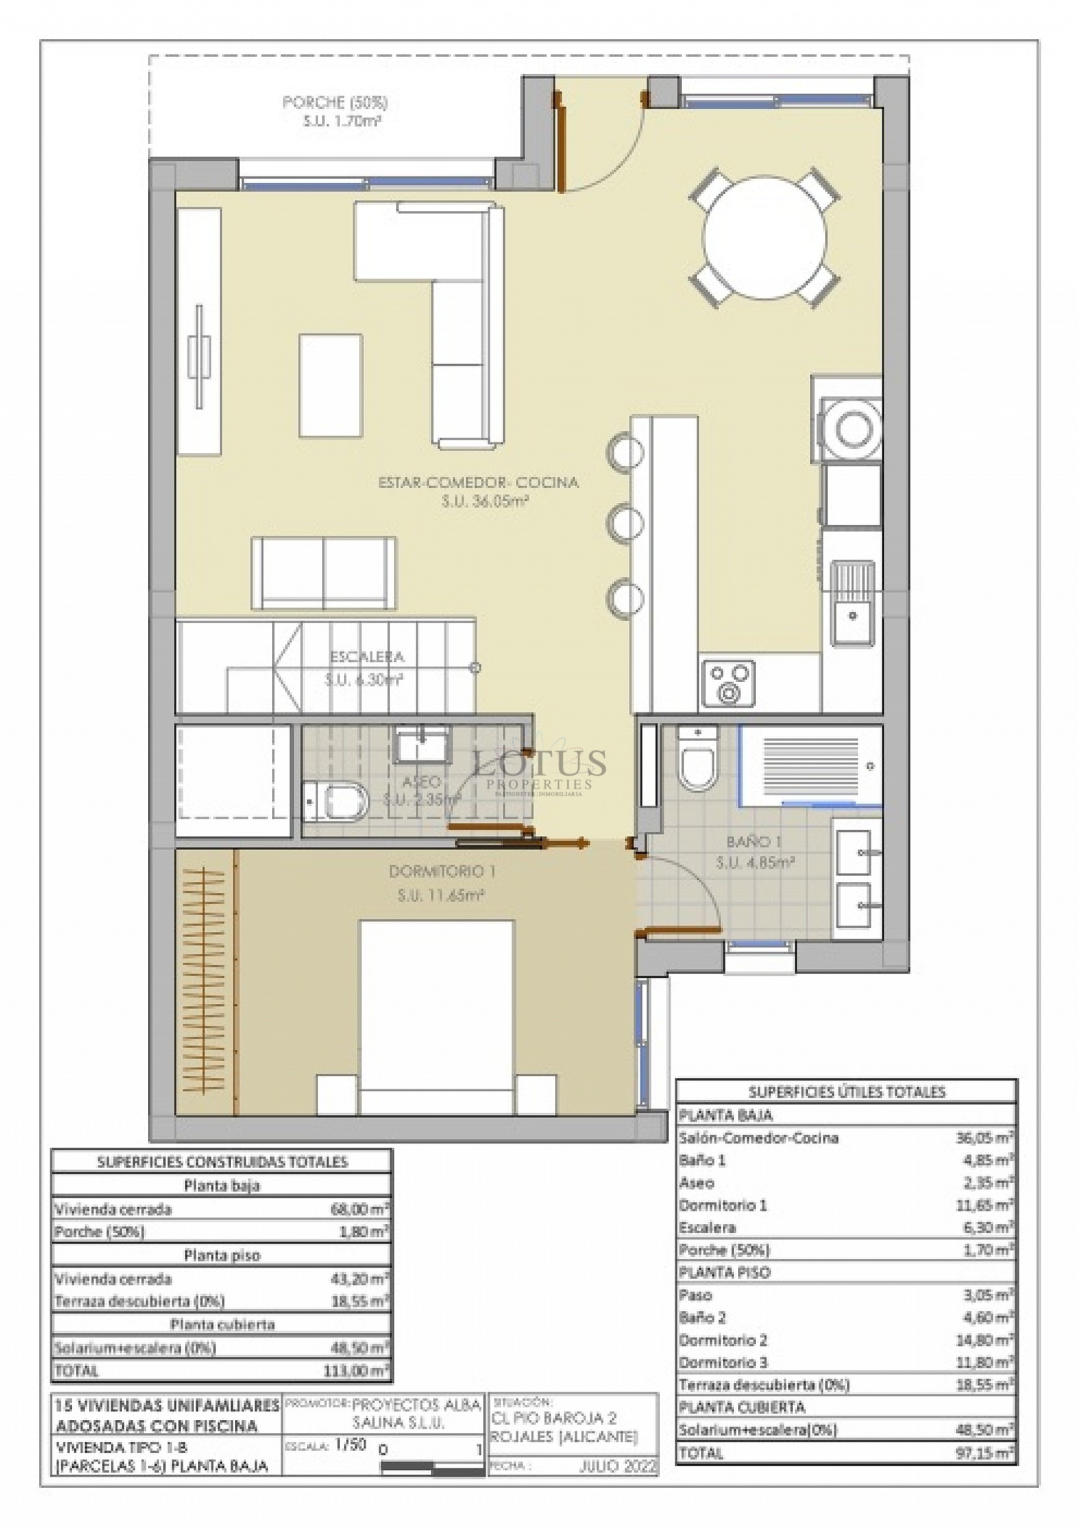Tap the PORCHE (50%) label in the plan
[335, 102]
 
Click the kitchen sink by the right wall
[852, 603]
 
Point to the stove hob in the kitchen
[727, 682]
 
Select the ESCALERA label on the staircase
[367, 657]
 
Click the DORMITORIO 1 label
[442, 871]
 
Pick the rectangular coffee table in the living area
[331, 386]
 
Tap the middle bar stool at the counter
[624, 522]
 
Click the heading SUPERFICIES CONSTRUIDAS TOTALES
[222, 1162]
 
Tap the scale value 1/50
[350, 1444]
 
